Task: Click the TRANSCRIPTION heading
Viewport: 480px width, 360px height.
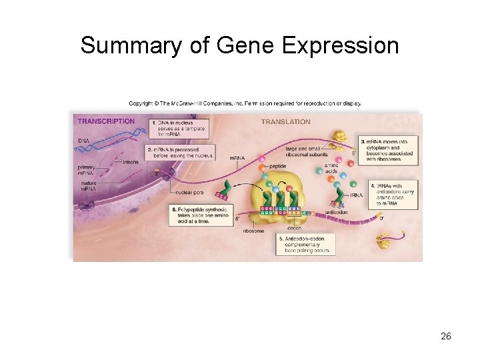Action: tap(106, 121)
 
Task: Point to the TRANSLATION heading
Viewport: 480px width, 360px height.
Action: tap(285, 121)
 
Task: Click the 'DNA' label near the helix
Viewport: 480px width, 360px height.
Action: tap(83, 141)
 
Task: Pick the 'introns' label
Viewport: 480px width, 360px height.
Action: tap(131, 162)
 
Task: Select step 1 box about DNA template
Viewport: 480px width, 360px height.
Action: tap(179, 128)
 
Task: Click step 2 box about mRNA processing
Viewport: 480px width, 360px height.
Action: tap(171, 152)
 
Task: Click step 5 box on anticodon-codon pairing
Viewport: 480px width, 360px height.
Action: tap(303, 244)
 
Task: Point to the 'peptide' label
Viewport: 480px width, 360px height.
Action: tap(277, 165)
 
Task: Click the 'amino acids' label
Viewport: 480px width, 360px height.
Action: tap(331, 169)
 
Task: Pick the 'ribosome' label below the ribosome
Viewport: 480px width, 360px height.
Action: tap(253, 230)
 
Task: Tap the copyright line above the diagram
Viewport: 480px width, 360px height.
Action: tap(245, 103)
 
